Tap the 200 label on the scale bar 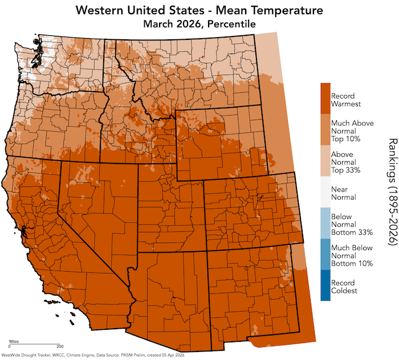click(x=59, y=346)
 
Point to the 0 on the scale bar click(x=10, y=346)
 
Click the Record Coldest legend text click(x=344, y=287)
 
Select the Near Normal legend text click(x=344, y=193)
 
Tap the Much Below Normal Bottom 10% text click(x=352, y=255)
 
